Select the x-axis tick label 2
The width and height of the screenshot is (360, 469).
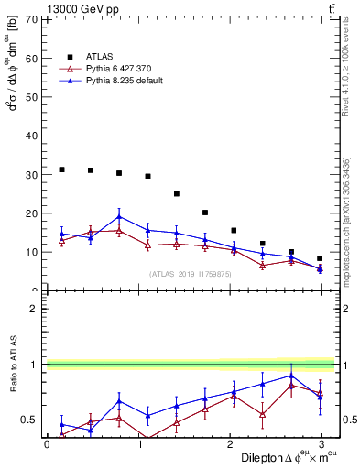pos(229,444)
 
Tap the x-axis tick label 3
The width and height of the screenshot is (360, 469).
pos(321,444)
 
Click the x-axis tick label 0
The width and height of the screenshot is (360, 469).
pos(47,444)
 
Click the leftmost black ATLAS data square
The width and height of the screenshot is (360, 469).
pos(61,169)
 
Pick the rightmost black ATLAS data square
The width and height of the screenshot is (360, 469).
pos(320,258)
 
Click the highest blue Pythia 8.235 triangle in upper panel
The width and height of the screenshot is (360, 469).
pos(119,217)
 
